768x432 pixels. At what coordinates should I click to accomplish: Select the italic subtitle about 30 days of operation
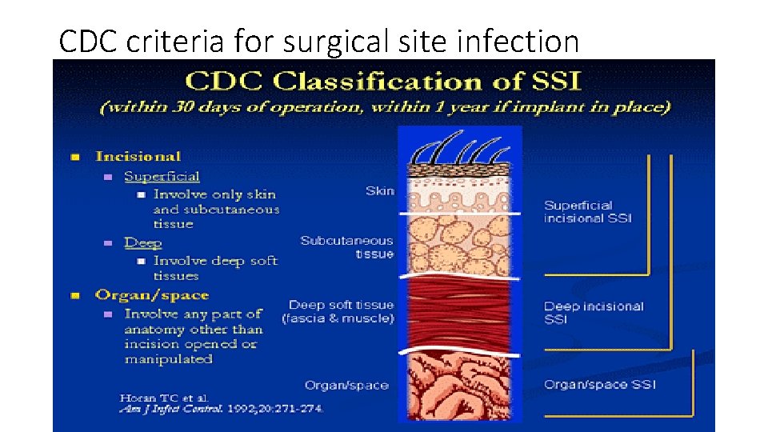click(384, 106)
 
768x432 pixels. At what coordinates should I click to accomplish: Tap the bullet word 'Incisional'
click(138, 156)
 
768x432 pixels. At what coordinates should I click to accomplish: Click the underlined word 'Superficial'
click(162, 176)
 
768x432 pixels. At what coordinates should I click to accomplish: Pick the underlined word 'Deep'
click(143, 242)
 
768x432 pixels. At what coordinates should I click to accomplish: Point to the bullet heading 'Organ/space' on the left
click(151, 295)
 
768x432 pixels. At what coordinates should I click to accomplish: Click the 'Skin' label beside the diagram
click(379, 190)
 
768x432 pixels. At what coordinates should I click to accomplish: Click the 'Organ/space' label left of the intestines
click(346, 385)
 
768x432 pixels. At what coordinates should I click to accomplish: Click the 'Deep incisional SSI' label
click(593, 312)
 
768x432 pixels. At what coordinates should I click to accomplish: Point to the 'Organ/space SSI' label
click(599, 385)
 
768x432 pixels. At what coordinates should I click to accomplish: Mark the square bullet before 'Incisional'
click(74, 157)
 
